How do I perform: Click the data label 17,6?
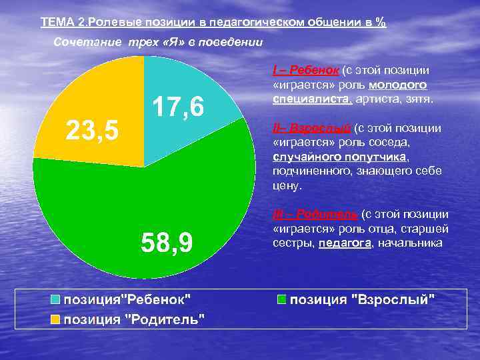178,107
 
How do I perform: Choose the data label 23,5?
91,130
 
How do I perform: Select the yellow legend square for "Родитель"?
56,319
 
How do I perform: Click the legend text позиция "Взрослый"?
362,299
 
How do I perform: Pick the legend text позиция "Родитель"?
134,319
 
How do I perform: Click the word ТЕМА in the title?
57,22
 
